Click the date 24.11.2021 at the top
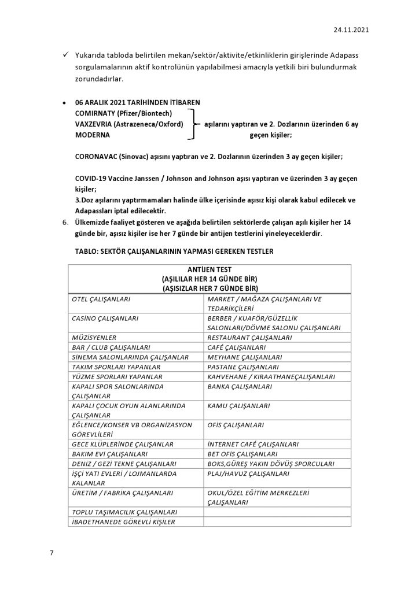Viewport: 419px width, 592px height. pyautogui.click(x=351, y=28)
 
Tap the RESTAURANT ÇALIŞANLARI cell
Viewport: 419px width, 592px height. pyautogui.click(x=249, y=337)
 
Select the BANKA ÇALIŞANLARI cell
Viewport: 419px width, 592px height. pyautogui.click(x=240, y=386)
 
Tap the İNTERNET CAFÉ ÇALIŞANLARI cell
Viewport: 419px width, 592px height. pyautogui.click(x=253, y=444)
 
